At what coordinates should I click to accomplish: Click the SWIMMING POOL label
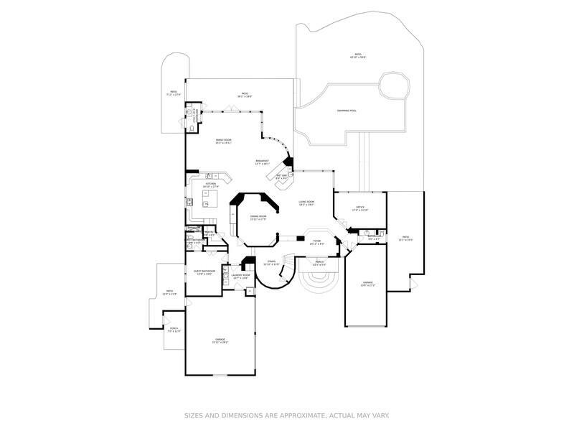(x=347, y=111)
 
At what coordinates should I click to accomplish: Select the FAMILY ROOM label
(x=224, y=140)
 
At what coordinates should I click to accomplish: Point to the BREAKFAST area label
(x=263, y=161)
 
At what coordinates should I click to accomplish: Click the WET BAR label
(x=281, y=176)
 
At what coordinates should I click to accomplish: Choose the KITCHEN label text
(x=210, y=184)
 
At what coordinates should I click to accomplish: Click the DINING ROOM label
(x=258, y=216)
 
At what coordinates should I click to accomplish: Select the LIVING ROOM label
(x=306, y=203)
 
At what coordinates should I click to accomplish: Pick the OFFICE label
(x=360, y=208)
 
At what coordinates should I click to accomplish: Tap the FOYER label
(x=316, y=242)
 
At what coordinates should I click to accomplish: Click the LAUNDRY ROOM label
(x=240, y=275)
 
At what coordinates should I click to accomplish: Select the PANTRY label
(x=209, y=233)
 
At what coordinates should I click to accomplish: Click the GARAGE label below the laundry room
(x=220, y=339)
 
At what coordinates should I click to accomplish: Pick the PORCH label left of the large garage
(x=174, y=330)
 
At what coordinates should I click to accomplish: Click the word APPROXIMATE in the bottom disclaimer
(x=288, y=414)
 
